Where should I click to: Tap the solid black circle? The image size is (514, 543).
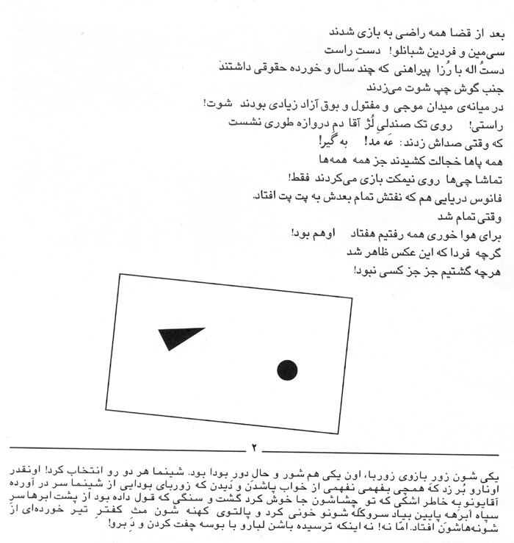tap(287, 370)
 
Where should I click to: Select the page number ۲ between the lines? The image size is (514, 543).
tap(255, 446)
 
